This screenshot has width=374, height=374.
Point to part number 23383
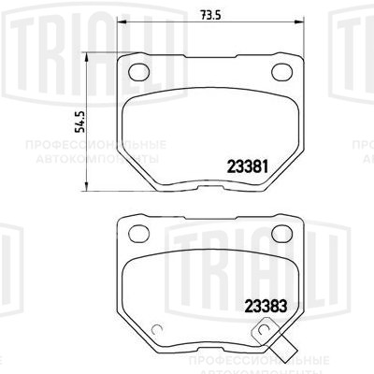point(265,303)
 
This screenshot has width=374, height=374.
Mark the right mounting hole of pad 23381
point(280,71)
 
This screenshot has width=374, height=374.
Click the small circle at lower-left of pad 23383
point(159,327)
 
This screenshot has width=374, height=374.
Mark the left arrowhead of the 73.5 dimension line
point(124,24)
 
